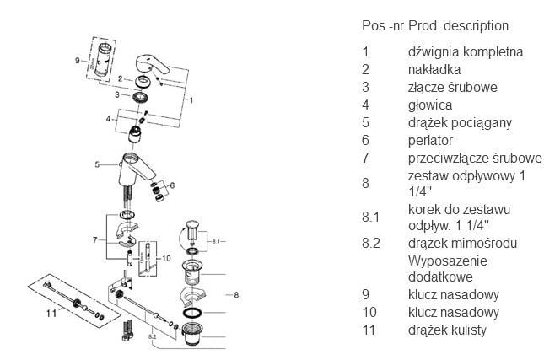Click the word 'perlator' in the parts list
click(430, 140)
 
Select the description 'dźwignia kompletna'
click(465, 51)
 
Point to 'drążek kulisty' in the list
click(447, 330)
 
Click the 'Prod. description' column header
click(458, 26)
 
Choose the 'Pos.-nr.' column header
click(383, 26)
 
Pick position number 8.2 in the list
click(369, 243)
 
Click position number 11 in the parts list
click(368, 330)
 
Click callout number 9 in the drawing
click(77, 61)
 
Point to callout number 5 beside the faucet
click(98, 164)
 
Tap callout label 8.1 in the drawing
click(216, 240)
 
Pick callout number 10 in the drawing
click(165, 257)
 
